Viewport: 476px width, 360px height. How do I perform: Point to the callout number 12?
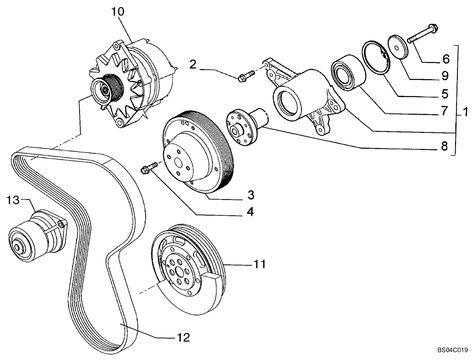point(183,338)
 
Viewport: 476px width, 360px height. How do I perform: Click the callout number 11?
point(260,263)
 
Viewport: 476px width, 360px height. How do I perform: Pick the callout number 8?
point(444,147)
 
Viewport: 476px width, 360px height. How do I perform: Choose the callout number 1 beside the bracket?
point(466,113)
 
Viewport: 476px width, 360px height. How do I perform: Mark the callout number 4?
point(249,211)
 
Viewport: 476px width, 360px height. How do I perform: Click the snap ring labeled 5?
point(375,58)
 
